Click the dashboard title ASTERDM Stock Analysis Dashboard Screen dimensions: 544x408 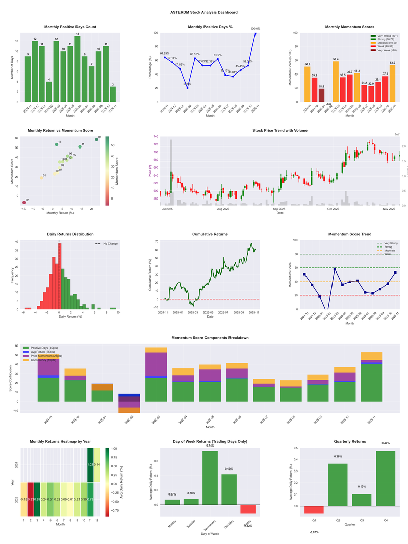click(204, 12)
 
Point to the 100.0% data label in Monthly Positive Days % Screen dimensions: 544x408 click(255, 29)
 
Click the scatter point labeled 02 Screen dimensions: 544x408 click(23, 203)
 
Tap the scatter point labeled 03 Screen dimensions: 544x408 click(96, 139)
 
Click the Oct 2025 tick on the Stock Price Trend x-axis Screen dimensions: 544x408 click(333, 209)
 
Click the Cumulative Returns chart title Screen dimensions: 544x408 click(210, 234)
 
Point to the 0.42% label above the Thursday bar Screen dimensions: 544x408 click(229, 469)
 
